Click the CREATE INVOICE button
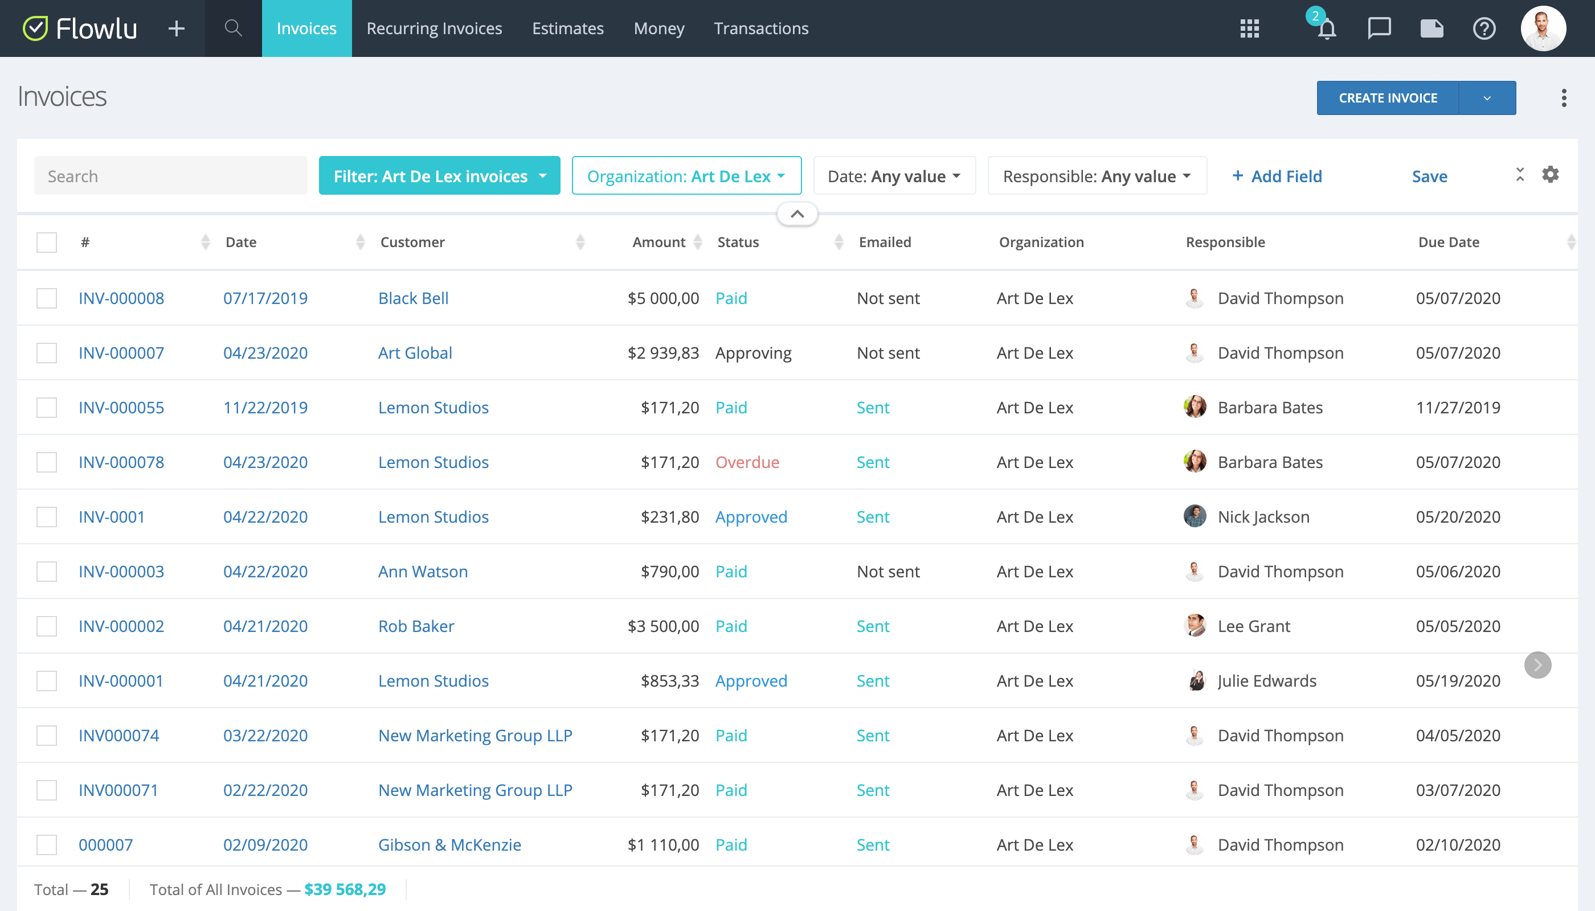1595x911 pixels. (x=1387, y=99)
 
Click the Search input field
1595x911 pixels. (x=170, y=176)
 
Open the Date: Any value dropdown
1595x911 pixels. (x=893, y=176)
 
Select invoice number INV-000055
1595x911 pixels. (x=121, y=407)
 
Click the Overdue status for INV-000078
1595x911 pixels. (x=747, y=462)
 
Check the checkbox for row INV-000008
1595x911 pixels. (x=46, y=298)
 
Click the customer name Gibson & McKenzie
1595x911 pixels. (x=449, y=845)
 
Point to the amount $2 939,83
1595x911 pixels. (x=663, y=353)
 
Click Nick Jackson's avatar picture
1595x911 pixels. (x=1195, y=516)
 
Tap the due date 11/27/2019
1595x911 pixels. (x=1457, y=407)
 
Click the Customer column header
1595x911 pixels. (x=412, y=242)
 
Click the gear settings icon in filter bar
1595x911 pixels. (x=1550, y=175)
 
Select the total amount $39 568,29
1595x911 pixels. (x=344, y=889)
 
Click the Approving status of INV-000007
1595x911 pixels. (x=753, y=353)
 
